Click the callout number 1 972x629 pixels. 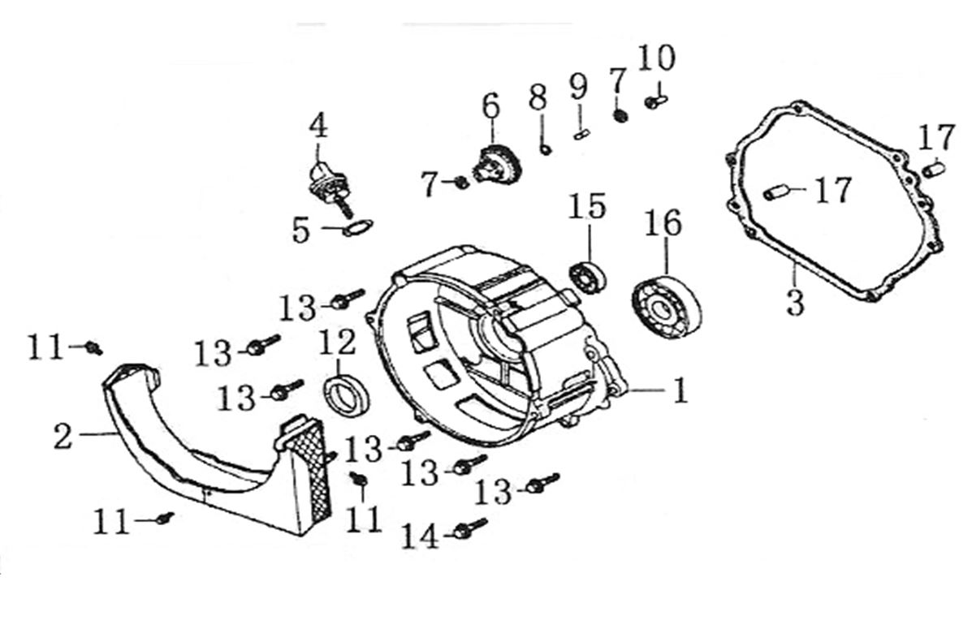(x=679, y=391)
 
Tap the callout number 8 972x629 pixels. (x=538, y=99)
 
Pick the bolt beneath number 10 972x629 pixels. (x=655, y=102)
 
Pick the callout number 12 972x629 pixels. (x=337, y=343)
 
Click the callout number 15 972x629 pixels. (x=586, y=206)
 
